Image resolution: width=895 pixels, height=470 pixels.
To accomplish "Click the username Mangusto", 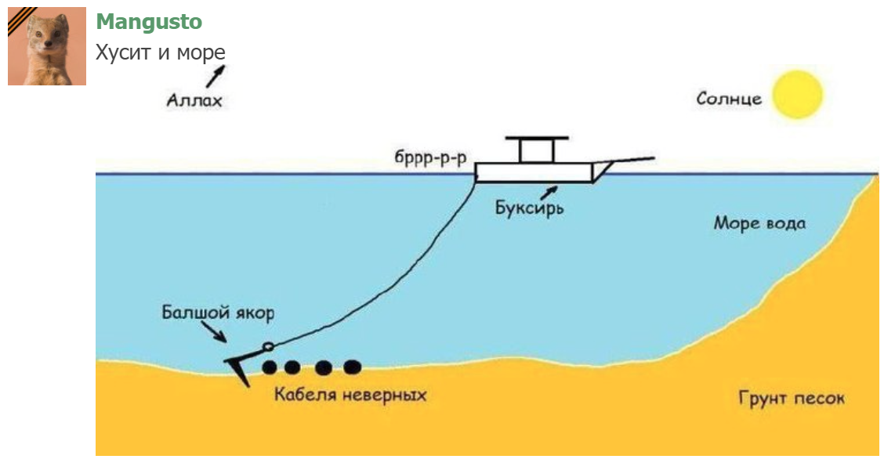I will tap(149, 22).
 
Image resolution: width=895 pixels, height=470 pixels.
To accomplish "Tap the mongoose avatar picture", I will tap(47, 46).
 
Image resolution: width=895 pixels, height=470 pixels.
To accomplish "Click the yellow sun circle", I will tap(797, 94).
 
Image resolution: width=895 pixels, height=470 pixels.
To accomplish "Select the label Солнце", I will tap(729, 99).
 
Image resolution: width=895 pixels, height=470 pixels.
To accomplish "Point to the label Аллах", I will tap(194, 100).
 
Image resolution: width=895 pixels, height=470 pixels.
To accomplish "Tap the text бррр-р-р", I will tap(430, 157).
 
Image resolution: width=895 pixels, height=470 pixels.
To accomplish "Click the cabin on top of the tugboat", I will tap(536, 150).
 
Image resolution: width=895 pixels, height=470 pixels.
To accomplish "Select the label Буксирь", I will tap(529, 209).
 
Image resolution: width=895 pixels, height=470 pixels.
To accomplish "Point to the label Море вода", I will tap(759, 223).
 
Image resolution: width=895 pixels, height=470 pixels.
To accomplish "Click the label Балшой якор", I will tap(218, 313).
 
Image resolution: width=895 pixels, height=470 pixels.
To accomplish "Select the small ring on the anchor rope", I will tap(268, 347).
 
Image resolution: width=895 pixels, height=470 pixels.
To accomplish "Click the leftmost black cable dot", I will tap(270, 367).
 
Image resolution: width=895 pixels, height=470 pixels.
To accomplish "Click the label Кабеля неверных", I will tap(350, 394).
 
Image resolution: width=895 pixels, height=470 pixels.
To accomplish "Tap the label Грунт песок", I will tap(792, 399).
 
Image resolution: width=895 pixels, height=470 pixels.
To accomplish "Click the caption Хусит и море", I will tap(161, 53).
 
